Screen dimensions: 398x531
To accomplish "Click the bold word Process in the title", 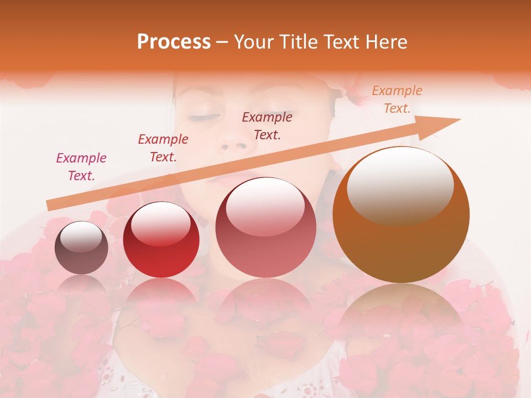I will (x=174, y=42).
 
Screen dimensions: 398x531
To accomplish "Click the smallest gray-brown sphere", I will (x=81, y=248).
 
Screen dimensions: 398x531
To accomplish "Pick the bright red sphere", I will (x=161, y=240).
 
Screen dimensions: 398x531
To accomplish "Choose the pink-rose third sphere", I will (x=265, y=227).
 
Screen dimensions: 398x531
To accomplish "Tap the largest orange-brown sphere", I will (x=400, y=214).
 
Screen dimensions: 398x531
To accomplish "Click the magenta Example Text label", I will (x=81, y=167).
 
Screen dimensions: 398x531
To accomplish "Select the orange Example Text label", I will (x=397, y=99).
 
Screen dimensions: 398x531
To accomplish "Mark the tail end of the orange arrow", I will (x=50, y=205).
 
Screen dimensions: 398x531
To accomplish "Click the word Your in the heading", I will (x=252, y=42).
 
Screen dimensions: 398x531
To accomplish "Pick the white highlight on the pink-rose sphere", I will (x=265, y=206).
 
